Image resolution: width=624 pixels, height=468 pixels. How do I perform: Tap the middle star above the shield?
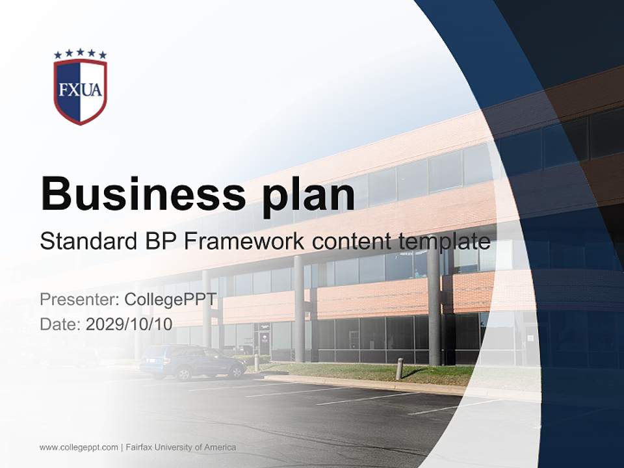pos(80,52)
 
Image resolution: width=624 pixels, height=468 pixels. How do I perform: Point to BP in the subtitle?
pos(159,242)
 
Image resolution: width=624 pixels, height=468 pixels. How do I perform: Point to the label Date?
pos(60,323)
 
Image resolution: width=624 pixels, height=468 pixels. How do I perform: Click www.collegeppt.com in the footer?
pos(79,447)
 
